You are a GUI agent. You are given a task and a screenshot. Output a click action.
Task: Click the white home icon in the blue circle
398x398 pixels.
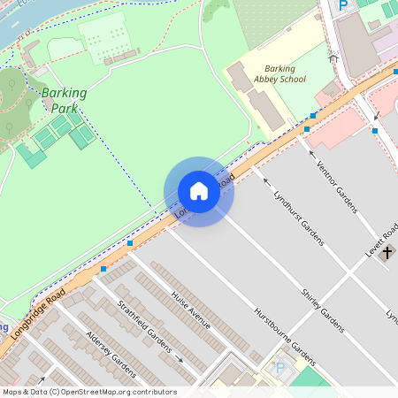(x=199, y=191)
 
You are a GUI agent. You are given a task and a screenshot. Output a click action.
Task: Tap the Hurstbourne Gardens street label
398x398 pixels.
(x=284, y=335)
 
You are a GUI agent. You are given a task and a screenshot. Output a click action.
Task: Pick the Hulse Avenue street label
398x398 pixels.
(x=191, y=310)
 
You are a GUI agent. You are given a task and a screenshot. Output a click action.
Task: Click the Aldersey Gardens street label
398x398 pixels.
(x=110, y=355)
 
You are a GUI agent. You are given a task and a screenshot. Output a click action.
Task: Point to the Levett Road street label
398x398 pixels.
(x=380, y=238)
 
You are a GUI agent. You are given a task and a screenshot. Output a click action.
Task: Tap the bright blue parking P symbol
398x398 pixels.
(x=343, y=5)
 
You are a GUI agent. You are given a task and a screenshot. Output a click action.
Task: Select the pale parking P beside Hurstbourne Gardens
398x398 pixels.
(x=280, y=368)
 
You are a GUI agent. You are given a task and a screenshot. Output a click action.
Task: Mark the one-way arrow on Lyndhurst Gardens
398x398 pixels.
(x=267, y=180)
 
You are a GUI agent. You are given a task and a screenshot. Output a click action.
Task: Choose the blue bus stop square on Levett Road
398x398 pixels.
(x=375, y=131)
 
